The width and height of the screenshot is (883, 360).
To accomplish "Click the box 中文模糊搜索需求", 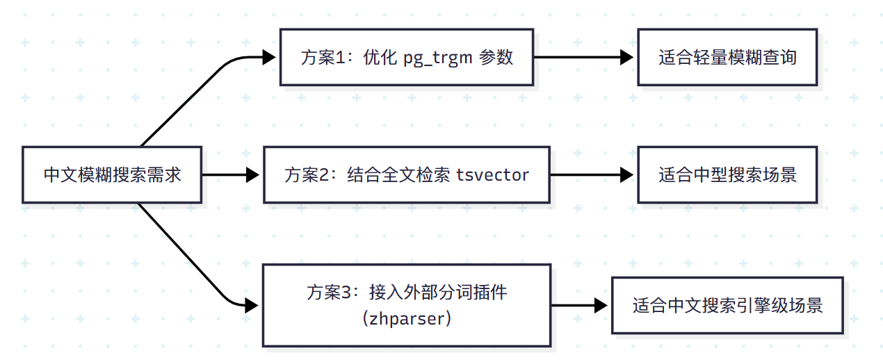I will click(x=112, y=174).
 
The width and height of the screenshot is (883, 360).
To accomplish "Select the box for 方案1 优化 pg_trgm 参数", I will click(x=407, y=57).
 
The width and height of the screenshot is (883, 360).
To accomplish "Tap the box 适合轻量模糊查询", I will click(x=727, y=57).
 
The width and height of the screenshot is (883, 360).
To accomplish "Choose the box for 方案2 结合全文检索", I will click(x=407, y=174).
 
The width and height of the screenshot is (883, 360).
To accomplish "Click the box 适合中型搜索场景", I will click(x=727, y=174).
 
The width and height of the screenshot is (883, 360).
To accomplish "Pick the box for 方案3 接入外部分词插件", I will click(x=407, y=305).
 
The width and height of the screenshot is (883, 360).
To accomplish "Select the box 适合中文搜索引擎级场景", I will click(x=727, y=305).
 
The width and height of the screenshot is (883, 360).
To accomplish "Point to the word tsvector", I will click(x=493, y=175).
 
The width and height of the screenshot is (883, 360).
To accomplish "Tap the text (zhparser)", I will click(x=407, y=319).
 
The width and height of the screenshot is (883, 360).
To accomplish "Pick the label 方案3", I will click(x=328, y=293).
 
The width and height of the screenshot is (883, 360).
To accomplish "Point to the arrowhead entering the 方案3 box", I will click(x=254, y=305).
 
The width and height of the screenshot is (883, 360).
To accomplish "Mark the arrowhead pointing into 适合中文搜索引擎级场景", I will click(x=603, y=305).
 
